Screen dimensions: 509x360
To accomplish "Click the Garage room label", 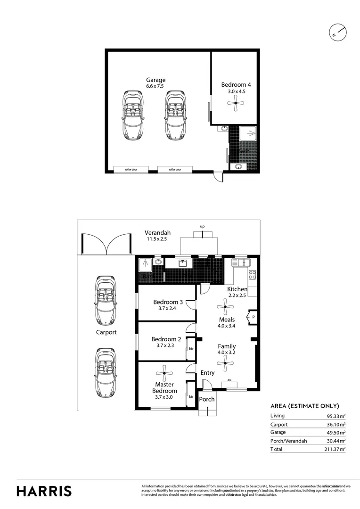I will [x=155, y=80].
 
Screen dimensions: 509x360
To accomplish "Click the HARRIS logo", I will [x=44, y=491].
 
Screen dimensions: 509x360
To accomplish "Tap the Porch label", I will [x=206, y=399].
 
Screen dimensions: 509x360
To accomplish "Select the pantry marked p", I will [x=253, y=316].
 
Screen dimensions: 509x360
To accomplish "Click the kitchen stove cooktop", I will [x=252, y=274].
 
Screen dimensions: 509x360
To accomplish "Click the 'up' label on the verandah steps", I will [x=202, y=227].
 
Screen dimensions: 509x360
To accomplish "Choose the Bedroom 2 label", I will [x=166, y=339].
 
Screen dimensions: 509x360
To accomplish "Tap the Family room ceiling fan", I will [x=226, y=363].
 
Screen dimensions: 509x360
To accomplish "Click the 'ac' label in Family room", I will [x=229, y=379].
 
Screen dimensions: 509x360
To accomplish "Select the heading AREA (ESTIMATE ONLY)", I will [x=304, y=406].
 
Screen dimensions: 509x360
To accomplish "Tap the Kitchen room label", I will [x=237, y=289].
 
